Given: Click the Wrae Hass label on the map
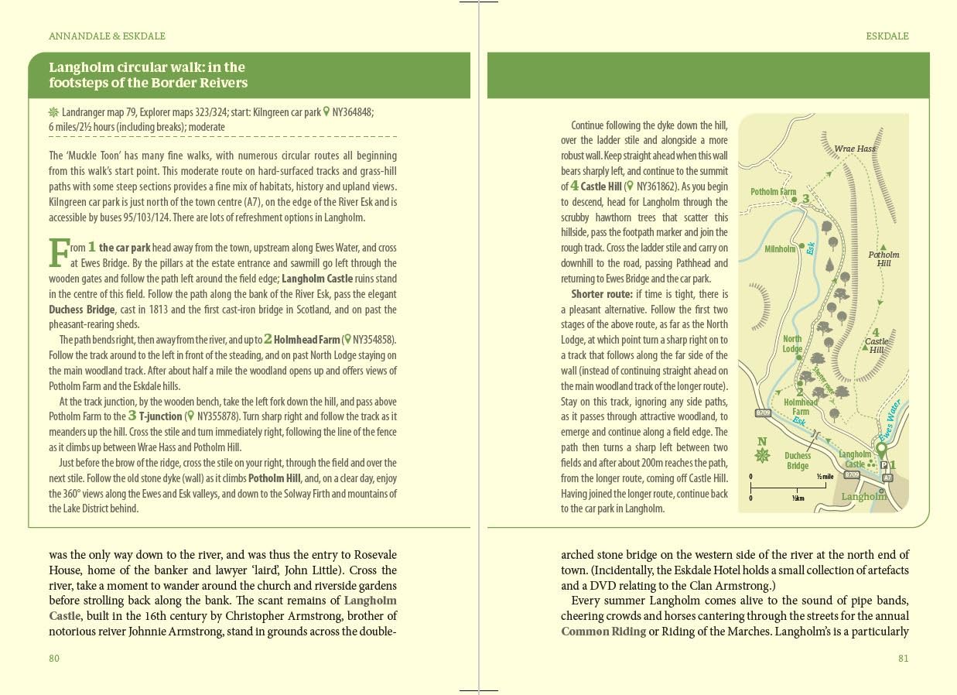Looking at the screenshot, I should [854, 149].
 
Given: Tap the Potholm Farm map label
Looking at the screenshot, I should [773, 192].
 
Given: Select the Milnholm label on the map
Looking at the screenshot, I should [780, 249].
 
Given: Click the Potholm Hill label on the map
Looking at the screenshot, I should [884, 258].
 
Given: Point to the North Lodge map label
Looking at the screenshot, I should [792, 344].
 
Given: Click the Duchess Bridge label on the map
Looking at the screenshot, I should [798, 460].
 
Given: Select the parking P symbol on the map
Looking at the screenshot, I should [884, 465].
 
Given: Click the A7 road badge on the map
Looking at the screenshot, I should [887, 478].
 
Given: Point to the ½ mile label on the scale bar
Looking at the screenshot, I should [825, 476].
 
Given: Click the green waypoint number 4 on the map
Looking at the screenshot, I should [875, 333].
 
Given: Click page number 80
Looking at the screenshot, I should [54, 659].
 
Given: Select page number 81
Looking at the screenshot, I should [903, 659].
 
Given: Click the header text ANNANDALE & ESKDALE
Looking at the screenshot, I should [107, 36].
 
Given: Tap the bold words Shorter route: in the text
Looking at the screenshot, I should [601, 294].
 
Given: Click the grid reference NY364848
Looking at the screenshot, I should [353, 112].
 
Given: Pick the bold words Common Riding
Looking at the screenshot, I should [603, 632].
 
